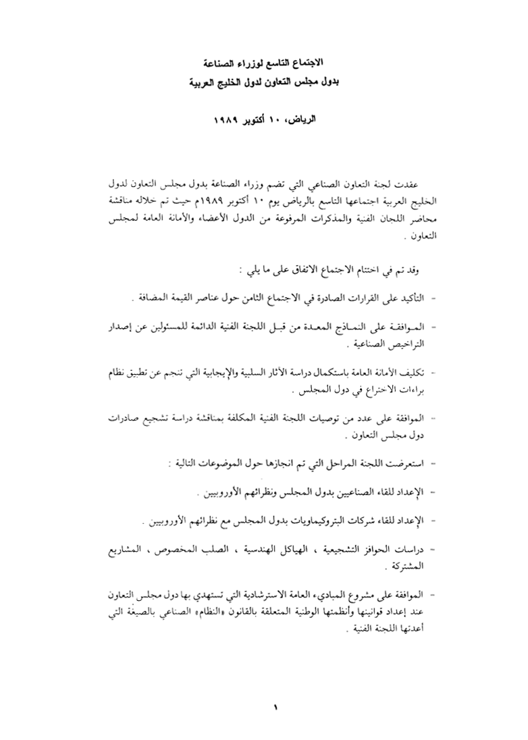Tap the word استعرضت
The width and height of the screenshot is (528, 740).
point(404,464)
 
